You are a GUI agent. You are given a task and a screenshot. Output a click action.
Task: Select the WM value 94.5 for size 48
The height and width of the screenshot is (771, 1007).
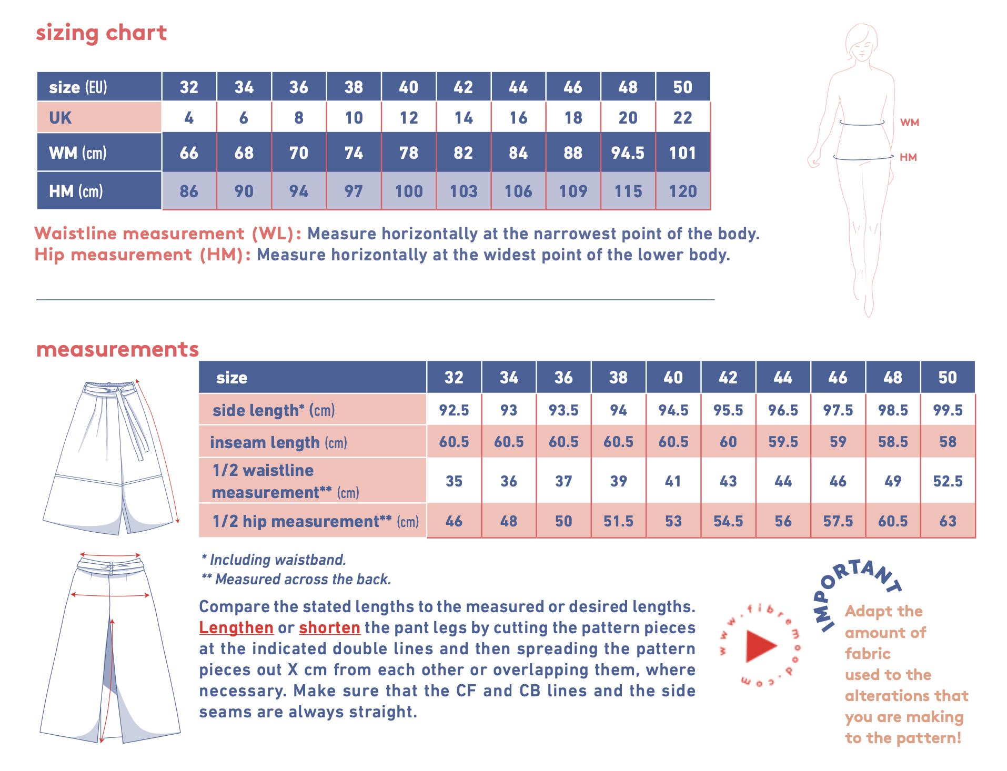[628, 153]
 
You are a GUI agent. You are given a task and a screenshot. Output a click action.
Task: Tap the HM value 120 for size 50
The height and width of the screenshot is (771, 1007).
[683, 191]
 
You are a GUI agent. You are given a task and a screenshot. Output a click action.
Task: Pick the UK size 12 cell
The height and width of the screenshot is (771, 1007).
[409, 118]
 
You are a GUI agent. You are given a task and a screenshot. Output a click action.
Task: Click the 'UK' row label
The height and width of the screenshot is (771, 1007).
[61, 118]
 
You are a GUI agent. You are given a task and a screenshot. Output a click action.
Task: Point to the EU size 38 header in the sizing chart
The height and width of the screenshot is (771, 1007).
[354, 87]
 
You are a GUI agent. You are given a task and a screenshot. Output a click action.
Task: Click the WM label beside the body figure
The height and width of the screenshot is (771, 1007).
[910, 123]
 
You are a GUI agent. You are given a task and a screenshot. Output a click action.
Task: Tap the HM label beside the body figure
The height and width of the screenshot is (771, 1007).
[908, 157]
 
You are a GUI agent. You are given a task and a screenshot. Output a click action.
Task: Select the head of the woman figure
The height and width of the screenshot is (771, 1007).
[861, 42]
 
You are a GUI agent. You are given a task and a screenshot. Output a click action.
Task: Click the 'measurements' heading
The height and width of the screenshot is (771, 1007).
[118, 350]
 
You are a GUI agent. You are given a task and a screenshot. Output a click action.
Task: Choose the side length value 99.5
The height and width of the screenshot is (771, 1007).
[948, 410]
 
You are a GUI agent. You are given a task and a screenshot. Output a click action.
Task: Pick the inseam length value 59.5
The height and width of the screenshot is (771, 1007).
[783, 442]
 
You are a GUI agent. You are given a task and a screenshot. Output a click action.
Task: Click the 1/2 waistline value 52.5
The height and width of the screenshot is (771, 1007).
[948, 481]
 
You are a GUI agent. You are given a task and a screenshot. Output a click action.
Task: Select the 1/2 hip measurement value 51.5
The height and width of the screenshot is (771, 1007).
[618, 521]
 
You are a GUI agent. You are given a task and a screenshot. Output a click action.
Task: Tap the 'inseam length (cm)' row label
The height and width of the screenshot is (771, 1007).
[278, 443]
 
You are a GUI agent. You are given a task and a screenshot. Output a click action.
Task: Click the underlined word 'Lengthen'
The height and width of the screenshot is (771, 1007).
[236, 628]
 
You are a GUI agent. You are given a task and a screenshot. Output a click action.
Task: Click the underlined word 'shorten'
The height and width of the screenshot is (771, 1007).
[330, 628]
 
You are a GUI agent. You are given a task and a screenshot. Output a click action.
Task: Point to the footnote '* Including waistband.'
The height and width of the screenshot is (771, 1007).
[274, 560]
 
